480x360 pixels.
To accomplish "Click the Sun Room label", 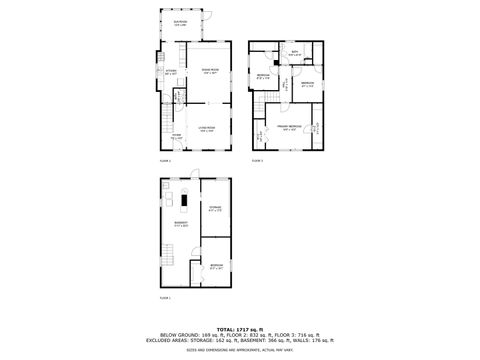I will click(x=180, y=22).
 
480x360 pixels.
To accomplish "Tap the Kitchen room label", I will click(x=171, y=72).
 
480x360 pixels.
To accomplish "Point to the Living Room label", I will click(x=207, y=128).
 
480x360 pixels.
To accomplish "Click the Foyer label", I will click(x=175, y=136).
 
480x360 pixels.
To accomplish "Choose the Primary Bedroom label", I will click(x=289, y=128).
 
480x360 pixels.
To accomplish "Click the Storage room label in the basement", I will click(x=214, y=209).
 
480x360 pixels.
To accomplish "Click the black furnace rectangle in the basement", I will click(x=186, y=202).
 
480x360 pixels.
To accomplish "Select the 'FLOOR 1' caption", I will click(x=166, y=298).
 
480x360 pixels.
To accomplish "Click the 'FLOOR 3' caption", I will click(x=257, y=160).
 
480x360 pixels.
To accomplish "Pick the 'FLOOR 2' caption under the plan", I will click(x=166, y=160).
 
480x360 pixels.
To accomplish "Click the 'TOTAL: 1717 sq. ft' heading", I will click(x=240, y=328).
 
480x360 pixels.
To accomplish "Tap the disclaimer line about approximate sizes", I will click(x=240, y=349).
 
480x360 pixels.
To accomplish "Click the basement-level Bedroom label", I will click(x=216, y=264).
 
